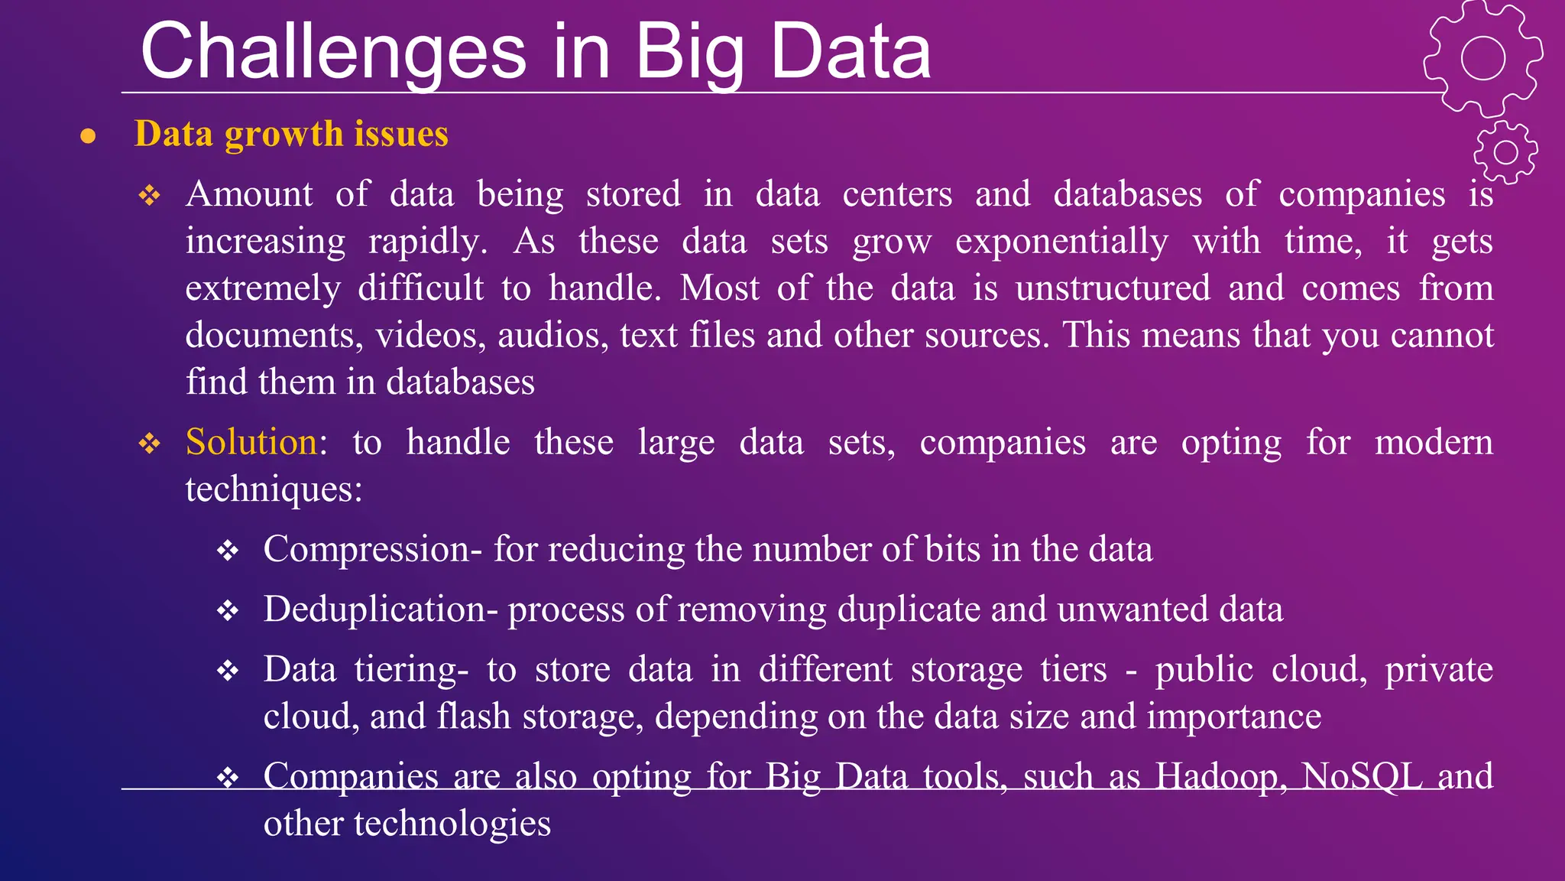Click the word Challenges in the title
[333, 52]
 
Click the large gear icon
[1482, 58]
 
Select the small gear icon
[1505, 152]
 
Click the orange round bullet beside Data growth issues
[89, 137]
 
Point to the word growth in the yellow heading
[284, 135]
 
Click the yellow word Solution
[251, 442]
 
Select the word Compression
[367, 549]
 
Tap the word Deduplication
[374, 610]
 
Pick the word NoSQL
[1362, 776]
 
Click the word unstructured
[1113, 289]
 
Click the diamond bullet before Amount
[150, 196]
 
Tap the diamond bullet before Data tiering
[228, 671]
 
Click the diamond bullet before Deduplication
[228, 611]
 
